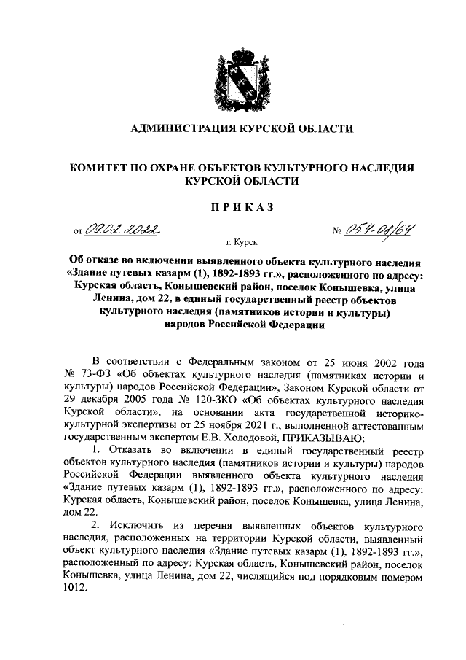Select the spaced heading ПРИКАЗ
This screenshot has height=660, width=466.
pyautogui.click(x=241, y=207)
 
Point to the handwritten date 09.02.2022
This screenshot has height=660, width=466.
pyautogui.click(x=122, y=230)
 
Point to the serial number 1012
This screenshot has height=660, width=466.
pyautogui.click(x=75, y=591)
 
